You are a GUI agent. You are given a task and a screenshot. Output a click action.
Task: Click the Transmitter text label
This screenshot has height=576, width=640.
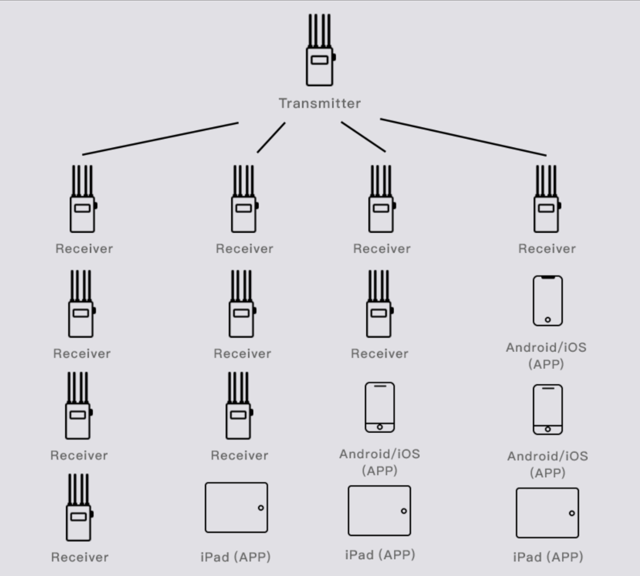(319, 103)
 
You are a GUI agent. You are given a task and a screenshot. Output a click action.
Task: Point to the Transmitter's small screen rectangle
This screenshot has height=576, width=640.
(319, 60)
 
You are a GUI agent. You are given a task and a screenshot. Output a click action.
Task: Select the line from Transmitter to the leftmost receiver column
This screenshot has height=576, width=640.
(160, 138)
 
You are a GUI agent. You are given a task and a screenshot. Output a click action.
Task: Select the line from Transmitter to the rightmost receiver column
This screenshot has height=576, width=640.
(463, 137)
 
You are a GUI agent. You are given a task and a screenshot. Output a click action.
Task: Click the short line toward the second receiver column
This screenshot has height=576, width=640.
(271, 137)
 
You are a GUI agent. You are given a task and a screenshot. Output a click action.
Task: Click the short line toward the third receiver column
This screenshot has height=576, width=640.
(363, 136)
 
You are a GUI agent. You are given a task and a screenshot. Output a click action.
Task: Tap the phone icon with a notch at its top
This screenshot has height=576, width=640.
(547, 301)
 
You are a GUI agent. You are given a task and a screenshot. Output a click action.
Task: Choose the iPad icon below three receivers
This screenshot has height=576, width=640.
(236, 507)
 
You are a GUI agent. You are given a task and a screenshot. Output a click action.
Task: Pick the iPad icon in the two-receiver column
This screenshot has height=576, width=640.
(379, 510)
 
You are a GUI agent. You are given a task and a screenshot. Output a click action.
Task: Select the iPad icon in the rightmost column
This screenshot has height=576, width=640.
(547, 513)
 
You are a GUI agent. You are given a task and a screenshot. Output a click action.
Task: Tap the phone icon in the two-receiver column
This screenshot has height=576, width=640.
(380, 407)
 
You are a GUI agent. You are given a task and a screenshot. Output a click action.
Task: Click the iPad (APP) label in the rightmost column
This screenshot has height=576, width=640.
(548, 557)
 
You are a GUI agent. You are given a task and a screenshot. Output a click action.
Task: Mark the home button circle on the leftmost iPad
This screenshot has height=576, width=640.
(260, 508)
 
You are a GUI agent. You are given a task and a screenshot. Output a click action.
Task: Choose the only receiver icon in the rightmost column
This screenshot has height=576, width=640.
(546, 200)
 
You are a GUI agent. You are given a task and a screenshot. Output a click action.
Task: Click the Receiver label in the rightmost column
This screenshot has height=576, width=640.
(547, 248)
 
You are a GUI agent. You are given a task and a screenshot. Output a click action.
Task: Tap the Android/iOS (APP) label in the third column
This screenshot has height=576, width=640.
(379, 462)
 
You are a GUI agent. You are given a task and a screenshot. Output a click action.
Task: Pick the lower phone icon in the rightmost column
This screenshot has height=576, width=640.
(548, 409)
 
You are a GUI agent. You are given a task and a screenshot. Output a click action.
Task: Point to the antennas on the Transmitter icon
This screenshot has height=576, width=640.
(319, 30)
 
